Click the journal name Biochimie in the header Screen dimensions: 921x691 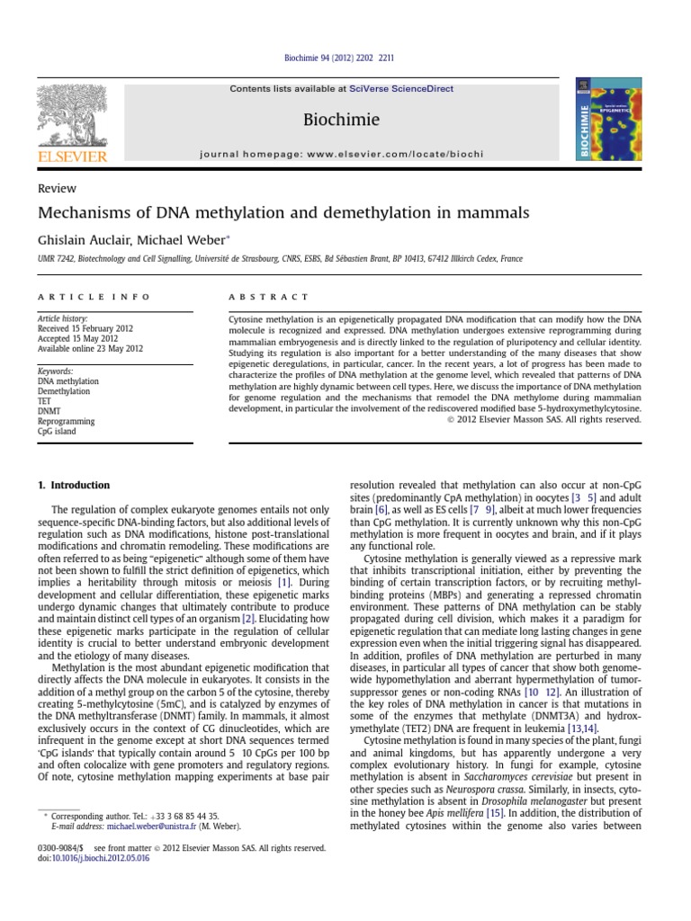(341, 120)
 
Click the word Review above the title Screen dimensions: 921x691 (57, 189)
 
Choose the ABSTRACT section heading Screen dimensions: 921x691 (270, 297)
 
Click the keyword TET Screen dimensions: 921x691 (45, 401)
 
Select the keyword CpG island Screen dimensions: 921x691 (56, 431)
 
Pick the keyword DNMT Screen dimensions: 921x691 (49, 411)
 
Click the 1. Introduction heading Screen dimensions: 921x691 (74, 485)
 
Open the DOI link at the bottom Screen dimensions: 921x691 (102, 858)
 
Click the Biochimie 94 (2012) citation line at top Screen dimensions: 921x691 (345, 58)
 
